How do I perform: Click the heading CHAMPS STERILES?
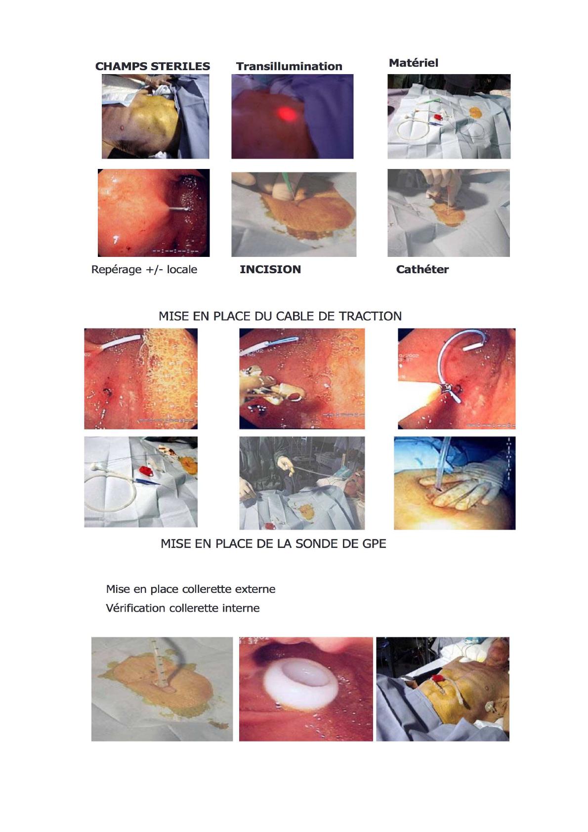coord(153,66)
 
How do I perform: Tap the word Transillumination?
coord(289,66)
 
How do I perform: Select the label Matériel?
coord(414,63)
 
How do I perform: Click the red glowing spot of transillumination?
coord(287,113)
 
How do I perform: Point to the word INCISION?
coord(270,269)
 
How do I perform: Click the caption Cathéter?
coord(422,269)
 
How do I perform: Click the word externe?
coord(257,589)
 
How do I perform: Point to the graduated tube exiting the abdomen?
coord(158,668)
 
